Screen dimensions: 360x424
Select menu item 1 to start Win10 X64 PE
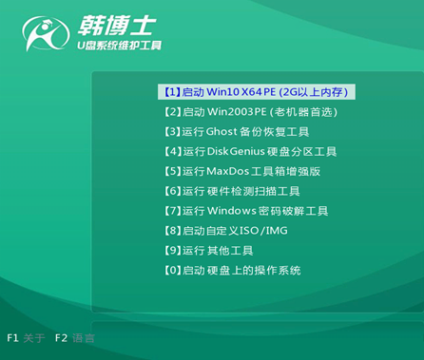(256, 92)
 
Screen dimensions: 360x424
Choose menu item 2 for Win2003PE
(250, 112)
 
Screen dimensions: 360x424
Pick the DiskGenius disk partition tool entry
(250, 152)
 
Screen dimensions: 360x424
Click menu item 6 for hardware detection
(237, 191)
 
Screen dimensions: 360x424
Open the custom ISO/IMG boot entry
(225, 231)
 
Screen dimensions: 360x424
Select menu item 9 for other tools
(208, 251)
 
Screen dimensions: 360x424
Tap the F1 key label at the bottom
(13, 337)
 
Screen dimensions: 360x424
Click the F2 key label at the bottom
(61, 337)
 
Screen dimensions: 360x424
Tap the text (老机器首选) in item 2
(303, 112)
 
